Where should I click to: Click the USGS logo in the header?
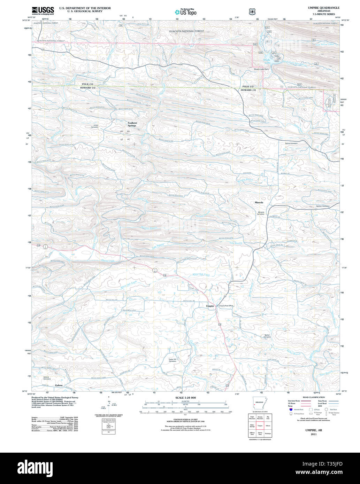(x=43, y=10)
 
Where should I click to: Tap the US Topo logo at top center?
(x=185, y=12)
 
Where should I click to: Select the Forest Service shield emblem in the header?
(x=252, y=11)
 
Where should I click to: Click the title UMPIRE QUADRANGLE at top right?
(x=323, y=8)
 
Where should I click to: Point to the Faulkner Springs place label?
(x=132, y=124)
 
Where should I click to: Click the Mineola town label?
(x=259, y=202)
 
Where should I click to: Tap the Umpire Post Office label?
(x=226, y=306)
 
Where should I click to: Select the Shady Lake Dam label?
(x=261, y=69)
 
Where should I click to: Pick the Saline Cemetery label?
(x=291, y=143)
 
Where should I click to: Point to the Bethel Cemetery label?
(x=267, y=336)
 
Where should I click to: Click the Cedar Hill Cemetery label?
(x=173, y=360)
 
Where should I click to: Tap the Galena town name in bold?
(x=59, y=385)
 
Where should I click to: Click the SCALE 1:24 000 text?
(x=185, y=398)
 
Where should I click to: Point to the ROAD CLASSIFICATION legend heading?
(x=314, y=397)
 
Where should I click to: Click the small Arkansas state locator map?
(x=259, y=403)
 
